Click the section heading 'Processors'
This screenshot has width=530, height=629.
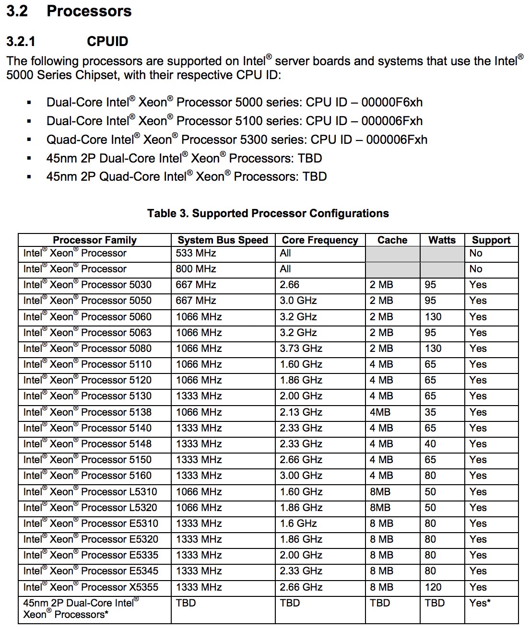(89, 12)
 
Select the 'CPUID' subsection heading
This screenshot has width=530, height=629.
(107, 42)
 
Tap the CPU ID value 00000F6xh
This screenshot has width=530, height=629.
(392, 103)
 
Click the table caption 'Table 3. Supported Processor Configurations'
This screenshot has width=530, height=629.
(268, 214)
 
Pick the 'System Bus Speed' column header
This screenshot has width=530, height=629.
(223, 240)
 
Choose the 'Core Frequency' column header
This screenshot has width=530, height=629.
(320, 240)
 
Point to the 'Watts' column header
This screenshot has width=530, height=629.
(442, 240)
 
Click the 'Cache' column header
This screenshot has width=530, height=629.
(392, 240)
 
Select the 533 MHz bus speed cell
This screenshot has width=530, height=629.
(196, 253)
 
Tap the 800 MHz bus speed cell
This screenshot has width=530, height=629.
(196, 269)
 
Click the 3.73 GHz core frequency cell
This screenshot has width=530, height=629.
(301, 349)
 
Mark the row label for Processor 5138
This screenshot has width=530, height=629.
(87, 412)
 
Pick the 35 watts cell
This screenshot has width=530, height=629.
(430, 412)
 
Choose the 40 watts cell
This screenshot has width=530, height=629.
(430, 444)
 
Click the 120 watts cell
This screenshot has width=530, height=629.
(433, 587)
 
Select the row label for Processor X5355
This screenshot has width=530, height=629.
(91, 587)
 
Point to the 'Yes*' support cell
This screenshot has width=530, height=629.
(480, 603)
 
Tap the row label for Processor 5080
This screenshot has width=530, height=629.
(87, 349)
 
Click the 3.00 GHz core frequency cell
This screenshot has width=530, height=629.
(301, 476)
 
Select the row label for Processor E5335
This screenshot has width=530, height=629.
(91, 555)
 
